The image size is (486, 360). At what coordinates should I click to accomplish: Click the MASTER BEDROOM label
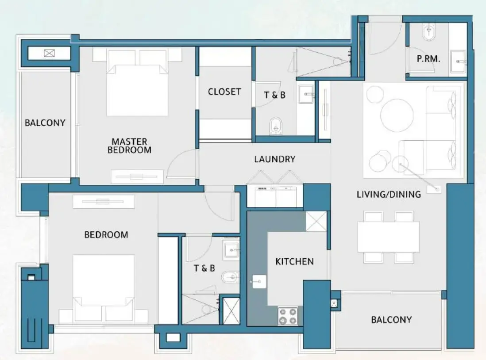(129, 146)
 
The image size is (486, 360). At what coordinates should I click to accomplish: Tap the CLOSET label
(224, 92)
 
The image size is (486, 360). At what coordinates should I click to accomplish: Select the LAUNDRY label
(274, 159)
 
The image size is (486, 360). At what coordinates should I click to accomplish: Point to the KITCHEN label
(294, 261)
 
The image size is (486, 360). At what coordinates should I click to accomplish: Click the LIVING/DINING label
(389, 194)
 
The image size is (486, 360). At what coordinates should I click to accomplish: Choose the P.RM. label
(428, 58)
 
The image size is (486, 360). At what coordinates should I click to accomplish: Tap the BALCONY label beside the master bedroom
(45, 123)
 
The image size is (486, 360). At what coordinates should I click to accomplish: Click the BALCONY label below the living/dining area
(391, 319)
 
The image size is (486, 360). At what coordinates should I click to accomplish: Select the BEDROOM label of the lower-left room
(106, 234)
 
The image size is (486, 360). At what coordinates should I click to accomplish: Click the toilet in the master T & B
(276, 125)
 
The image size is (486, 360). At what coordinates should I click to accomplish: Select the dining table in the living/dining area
(389, 237)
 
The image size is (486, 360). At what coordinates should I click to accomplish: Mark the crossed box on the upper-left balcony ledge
(48, 54)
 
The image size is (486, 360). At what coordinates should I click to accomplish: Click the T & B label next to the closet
(274, 95)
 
